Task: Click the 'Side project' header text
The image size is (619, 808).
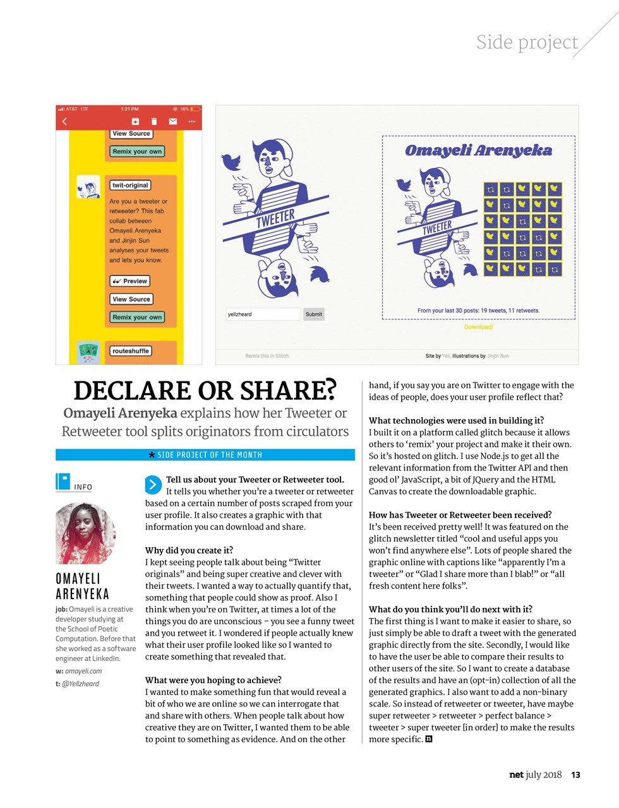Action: click(527, 42)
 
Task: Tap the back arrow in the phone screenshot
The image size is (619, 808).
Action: click(64, 121)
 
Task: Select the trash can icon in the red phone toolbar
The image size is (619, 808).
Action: click(153, 121)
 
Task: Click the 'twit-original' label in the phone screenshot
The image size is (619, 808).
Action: click(130, 186)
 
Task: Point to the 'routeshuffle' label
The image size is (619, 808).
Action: click(131, 351)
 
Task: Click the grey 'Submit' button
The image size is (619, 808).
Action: click(313, 314)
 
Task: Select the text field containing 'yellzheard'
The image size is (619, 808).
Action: click(263, 314)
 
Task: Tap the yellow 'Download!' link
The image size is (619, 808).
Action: click(478, 327)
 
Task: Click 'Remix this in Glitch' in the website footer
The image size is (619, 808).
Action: click(267, 356)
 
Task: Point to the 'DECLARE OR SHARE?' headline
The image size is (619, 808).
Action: click(205, 391)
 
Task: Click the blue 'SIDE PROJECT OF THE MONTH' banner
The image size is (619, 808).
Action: click(205, 455)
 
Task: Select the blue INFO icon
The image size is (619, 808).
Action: click(63, 482)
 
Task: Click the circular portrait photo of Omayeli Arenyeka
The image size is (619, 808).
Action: click(85, 533)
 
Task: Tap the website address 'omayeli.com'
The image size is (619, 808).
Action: click(83, 671)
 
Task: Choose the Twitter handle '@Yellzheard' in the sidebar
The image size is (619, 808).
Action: click(80, 684)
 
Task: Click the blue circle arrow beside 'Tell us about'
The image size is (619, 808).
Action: click(153, 485)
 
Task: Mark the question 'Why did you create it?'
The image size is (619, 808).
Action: click(189, 550)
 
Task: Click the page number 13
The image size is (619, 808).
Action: click(575, 775)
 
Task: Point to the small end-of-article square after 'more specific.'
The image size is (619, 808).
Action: click(429, 739)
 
